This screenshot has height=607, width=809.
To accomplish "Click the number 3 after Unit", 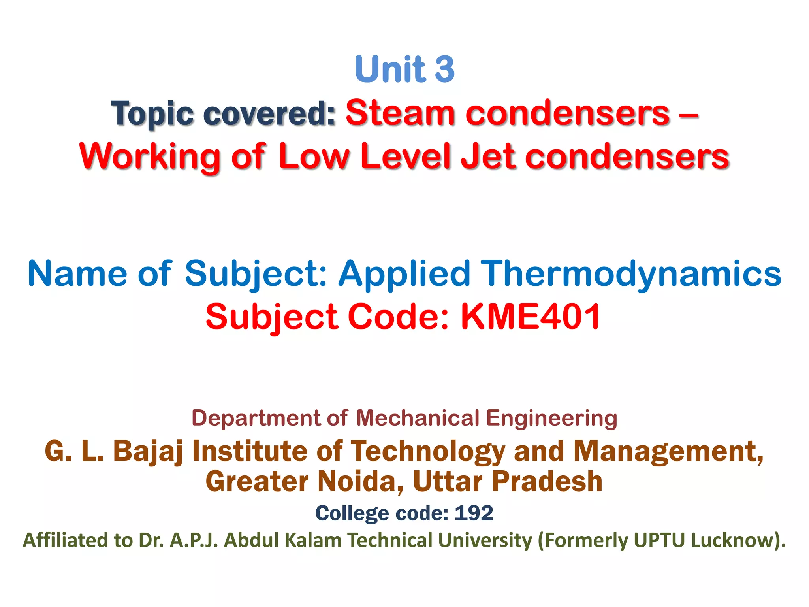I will (445, 69).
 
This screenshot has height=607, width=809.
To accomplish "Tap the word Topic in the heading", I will (152, 114).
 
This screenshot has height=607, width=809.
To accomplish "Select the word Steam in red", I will (400, 113).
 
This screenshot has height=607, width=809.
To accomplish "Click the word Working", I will (150, 157).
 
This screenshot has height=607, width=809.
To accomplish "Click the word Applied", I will (404, 274).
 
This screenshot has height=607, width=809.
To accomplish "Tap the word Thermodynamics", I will (632, 274).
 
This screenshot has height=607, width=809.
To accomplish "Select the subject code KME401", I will (531, 317).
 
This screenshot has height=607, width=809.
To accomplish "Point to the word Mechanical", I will (418, 418).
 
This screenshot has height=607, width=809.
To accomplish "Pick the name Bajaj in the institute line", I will (148, 452).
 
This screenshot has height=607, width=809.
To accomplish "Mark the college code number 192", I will (474, 513).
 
